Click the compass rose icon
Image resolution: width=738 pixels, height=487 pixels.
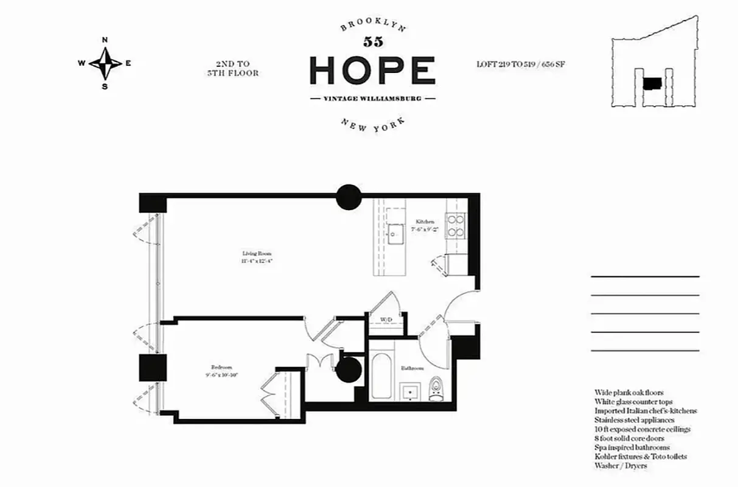pyautogui.click(x=105, y=63)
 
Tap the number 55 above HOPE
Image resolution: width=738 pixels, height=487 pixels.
pyautogui.click(x=372, y=42)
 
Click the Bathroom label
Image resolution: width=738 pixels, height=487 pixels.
pyautogui.click(x=412, y=369)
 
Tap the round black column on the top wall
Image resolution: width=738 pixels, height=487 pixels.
pyautogui.click(x=349, y=197)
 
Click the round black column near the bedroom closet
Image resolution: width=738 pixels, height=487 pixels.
pyautogui.click(x=349, y=370)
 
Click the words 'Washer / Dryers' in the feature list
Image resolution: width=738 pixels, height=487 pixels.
pyautogui.click(x=621, y=466)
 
